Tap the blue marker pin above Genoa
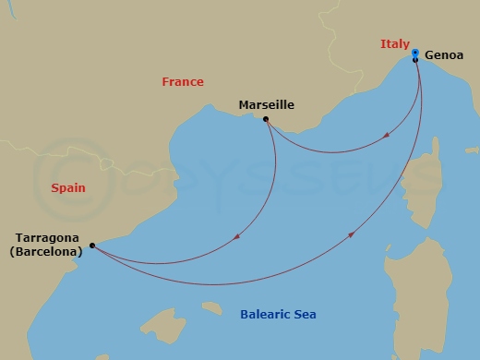click(x=415, y=52)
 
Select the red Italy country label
click(x=394, y=44)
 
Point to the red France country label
click(x=183, y=82)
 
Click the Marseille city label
click(x=266, y=104)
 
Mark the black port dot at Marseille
click(x=266, y=119)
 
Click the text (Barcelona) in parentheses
click(x=48, y=250)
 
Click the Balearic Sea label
click(x=278, y=315)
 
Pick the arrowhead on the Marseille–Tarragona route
click(x=238, y=237)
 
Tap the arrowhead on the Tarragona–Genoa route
click(x=353, y=235)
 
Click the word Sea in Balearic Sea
click(x=306, y=315)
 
